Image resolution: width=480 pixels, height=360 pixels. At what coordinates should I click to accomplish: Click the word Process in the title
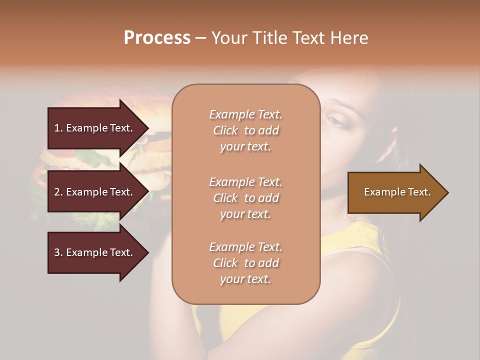pyautogui.click(x=157, y=37)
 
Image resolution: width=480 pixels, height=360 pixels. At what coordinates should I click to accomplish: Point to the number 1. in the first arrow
pyautogui.click(x=58, y=128)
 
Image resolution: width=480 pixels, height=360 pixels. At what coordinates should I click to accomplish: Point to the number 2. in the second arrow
pyautogui.click(x=58, y=192)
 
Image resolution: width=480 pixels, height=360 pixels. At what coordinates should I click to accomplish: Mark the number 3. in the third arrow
pyautogui.click(x=58, y=252)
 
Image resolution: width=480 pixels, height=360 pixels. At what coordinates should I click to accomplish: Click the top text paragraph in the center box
pyautogui.click(x=245, y=130)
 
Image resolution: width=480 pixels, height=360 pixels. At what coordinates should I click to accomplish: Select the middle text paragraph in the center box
pyautogui.click(x=245, y=198)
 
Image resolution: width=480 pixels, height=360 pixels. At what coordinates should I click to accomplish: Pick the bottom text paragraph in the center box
pyautogui.click(x=245, y=263)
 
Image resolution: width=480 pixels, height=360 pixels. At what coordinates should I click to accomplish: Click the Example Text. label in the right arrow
pyautogui.click(x=397, y=192)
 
